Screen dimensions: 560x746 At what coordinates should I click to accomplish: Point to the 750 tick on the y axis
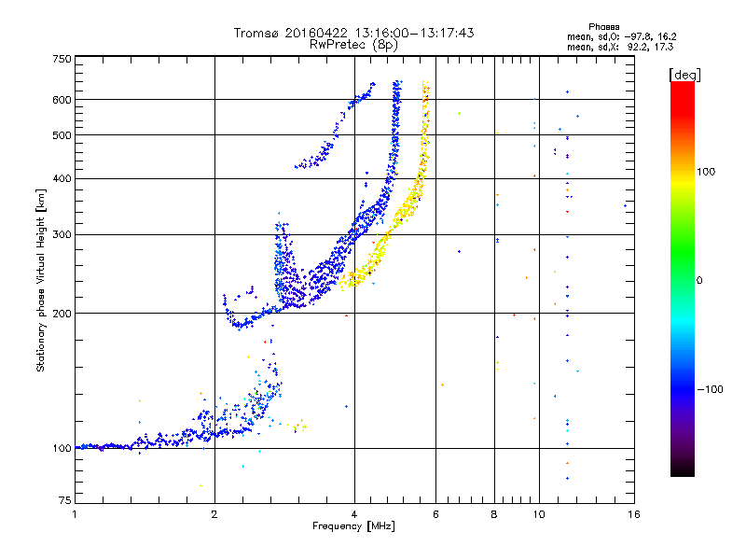pyautogui.click(x=62, y=59)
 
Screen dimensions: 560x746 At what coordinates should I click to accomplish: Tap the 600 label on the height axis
pyautogui.click(x=62, y=99)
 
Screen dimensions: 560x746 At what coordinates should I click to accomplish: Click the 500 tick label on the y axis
pyautogui.click(x=62, y=134)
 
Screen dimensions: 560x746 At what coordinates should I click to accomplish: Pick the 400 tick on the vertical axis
pyautogui.click(x=62, y=178)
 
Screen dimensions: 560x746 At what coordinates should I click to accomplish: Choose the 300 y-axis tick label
pyautogui.click(x=62, y=234)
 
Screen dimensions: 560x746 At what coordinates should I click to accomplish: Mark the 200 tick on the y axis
pyautogui.click(x=62, y=313)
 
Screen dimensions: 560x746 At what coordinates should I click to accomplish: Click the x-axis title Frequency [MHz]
pyautogui.click(x=354, y=527)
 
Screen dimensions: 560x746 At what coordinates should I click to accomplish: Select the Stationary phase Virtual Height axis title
pyautogui.click(x=41, y=281)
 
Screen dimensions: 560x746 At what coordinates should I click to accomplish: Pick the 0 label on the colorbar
pyautogui.click(x=698, y=280)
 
